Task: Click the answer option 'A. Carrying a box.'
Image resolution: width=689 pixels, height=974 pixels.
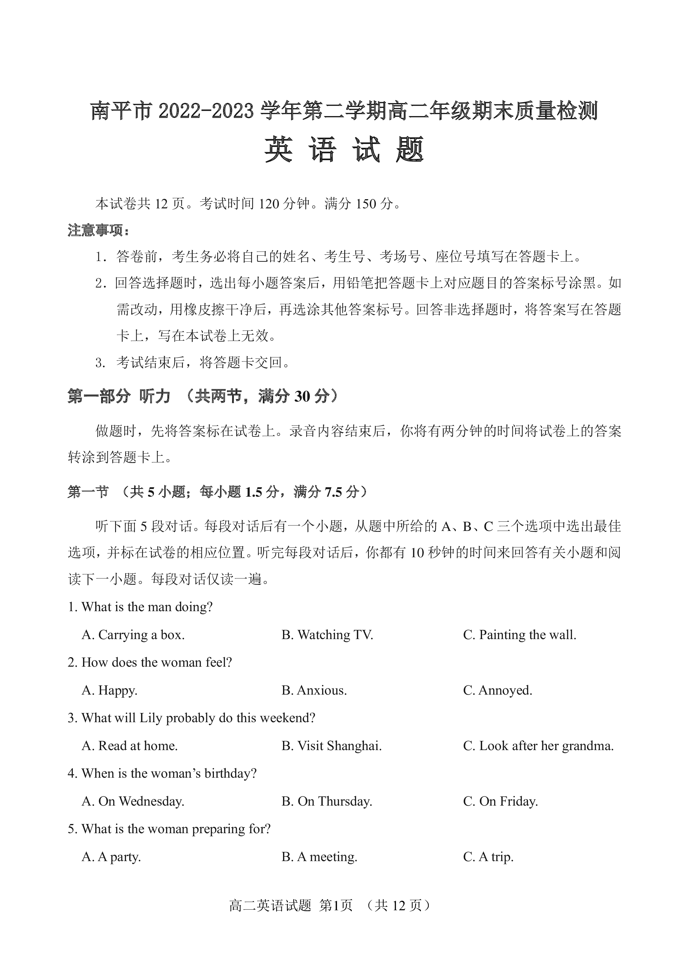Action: [x=133, y=635]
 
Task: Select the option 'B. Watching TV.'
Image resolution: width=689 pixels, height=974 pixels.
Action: [x=327, y=635]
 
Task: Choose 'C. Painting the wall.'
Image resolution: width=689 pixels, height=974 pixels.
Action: [x=520, y=635]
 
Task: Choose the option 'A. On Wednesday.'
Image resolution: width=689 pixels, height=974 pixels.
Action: [x=133, y=801]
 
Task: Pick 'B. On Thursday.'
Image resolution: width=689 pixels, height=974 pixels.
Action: [x=327, y=801]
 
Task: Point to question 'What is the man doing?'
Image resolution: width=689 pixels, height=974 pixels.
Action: [x=140, y=607]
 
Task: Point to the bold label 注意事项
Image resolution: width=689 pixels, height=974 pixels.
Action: [x=97, y=231]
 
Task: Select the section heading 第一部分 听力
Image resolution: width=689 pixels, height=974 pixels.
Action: [x=119, y=396]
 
